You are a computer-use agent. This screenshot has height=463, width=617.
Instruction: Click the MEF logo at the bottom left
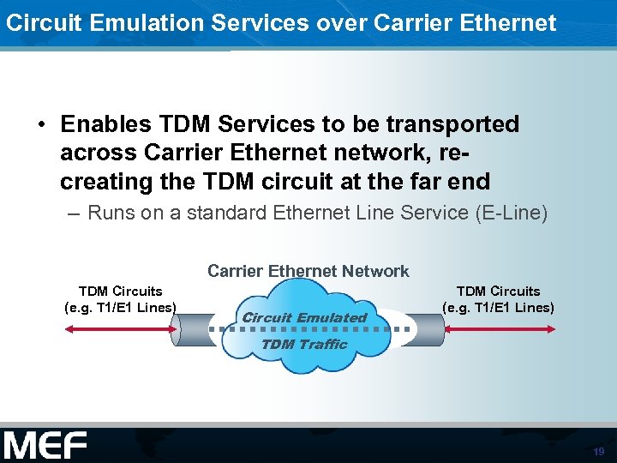(x=45, y=446)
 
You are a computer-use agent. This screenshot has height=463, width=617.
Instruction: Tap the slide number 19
(x=598, y=451)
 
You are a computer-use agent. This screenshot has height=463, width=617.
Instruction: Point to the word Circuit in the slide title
(x=35, y=22)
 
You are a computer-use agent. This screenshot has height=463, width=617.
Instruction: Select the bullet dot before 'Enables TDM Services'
(x=41, y=125)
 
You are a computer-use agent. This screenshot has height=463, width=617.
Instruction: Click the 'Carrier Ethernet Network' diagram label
(x=308, y=271)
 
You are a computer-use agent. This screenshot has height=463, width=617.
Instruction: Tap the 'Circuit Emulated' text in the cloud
(x=304, y=317)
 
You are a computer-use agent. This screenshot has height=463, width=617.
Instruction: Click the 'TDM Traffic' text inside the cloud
(x=303, y=344)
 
